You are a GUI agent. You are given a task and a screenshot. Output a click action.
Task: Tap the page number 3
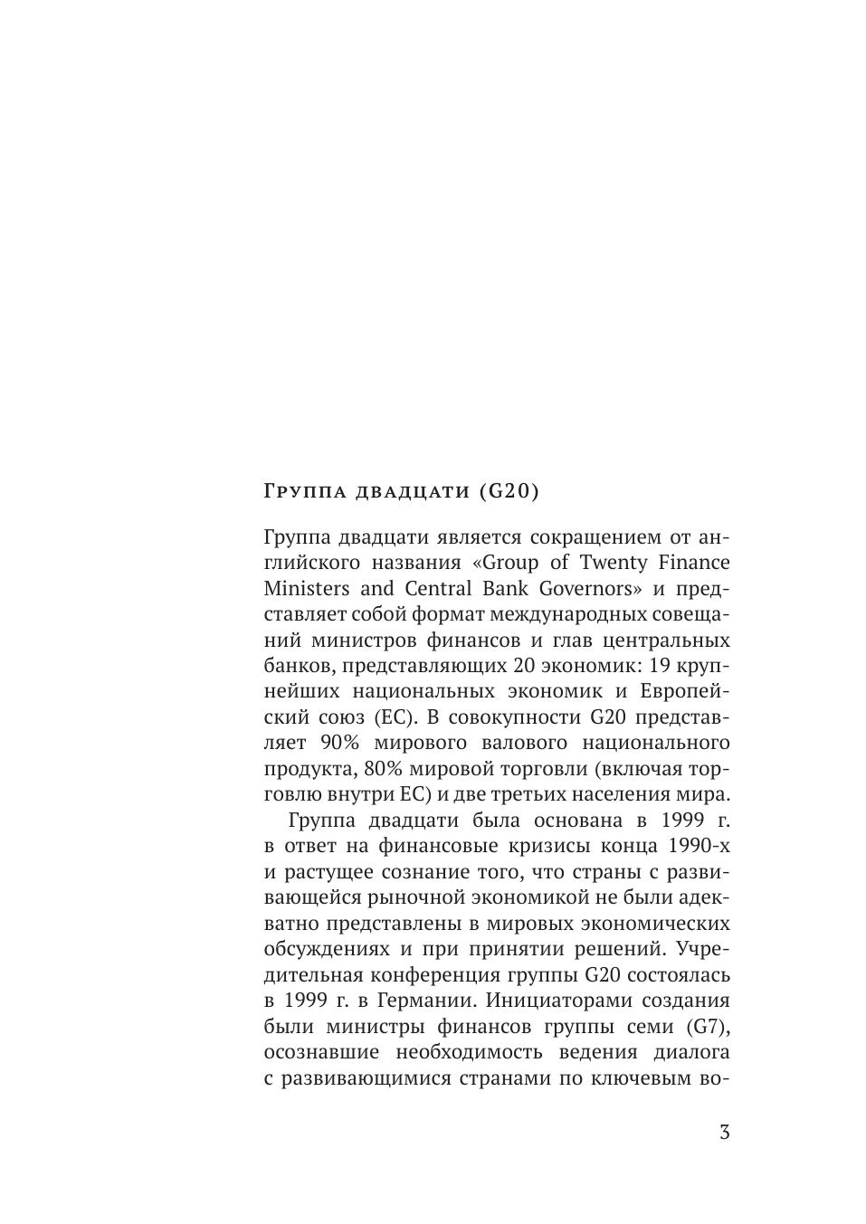[724, 1132]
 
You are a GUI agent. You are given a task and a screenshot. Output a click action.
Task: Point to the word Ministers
[306, 588]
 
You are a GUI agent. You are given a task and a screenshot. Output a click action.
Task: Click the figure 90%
[341, 743]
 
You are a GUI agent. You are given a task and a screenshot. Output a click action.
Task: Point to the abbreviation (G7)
[708, 1027]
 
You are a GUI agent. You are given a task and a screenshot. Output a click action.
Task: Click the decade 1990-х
[699, 847]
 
